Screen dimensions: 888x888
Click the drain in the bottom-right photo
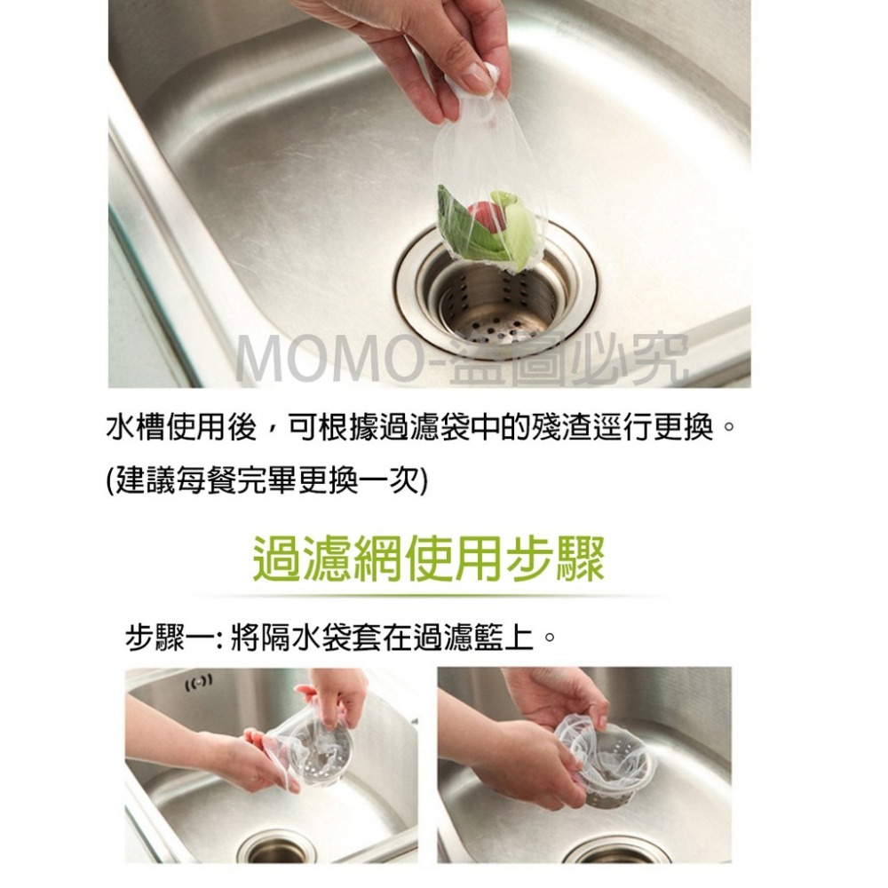pos(622,855)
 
